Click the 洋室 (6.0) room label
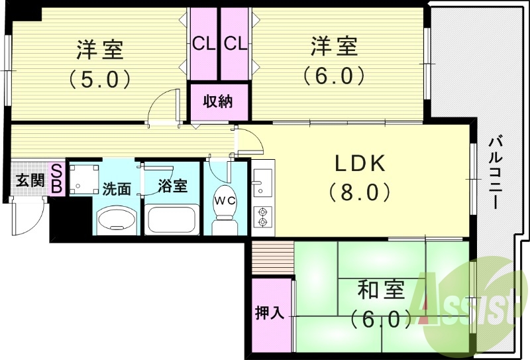(x=335, y=62)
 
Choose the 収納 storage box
(x=218, y=102)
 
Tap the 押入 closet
(x=270, y=314)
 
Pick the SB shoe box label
(x=57, y=179)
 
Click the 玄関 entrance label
(x=30, y=180)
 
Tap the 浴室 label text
(x=174, y=186)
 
